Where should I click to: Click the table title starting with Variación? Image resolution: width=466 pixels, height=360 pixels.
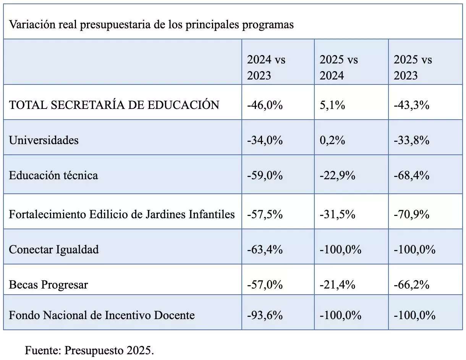pyautogui.click(x=151, y=24)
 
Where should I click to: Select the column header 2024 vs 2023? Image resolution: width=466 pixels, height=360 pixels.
pyautogui.click(x=266, y=67)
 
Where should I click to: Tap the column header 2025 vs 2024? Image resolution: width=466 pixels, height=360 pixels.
pyautogui.click(x=339, y=67)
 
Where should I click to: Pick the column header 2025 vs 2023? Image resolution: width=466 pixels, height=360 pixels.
pyautogui.click(x=413, y=67)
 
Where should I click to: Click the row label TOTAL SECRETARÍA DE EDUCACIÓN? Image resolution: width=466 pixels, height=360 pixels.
pyautogui.click(x=114, y=105)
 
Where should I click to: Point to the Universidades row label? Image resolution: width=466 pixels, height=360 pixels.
pyautogui.click(x=44, y=140)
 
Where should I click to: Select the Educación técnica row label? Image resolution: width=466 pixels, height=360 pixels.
pyautogui.click(x=53, y=175)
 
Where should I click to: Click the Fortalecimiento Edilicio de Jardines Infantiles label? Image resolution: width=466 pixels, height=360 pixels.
pyautogui.click(x=121, y=214)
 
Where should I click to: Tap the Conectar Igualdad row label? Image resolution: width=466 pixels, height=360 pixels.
pyautogui.click(x=54, y=249)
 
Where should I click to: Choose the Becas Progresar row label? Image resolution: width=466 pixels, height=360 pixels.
pyautogui.click(x=49, y=284)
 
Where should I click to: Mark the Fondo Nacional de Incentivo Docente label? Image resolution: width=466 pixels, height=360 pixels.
pyautogui.click(x=102, y=315)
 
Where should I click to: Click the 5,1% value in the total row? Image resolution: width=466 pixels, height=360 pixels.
pyautogui.click(x=332, y=105)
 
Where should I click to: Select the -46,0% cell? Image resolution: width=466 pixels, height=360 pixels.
pyautogui.click(x=265, y=105)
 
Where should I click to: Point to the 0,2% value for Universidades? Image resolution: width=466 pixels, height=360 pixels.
pyautogui.click(x=332, y=140)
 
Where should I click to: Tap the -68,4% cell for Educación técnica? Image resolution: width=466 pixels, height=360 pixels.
pyautogui.click(x=411, y=175)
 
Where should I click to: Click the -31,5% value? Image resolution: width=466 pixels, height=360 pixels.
pyautogui.click(x=337, y=214)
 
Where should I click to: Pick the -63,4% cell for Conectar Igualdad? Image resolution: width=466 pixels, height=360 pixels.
pyautogui.click(x=265, y=249)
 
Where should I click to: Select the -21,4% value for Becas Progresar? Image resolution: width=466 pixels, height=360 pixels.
pyautogui.click(x=337, y=284)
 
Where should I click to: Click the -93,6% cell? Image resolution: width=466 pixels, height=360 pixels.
pyautogui.click(x=265, y=315)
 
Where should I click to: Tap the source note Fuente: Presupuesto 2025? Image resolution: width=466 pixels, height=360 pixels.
pyautogui.click(x=89, y=350)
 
